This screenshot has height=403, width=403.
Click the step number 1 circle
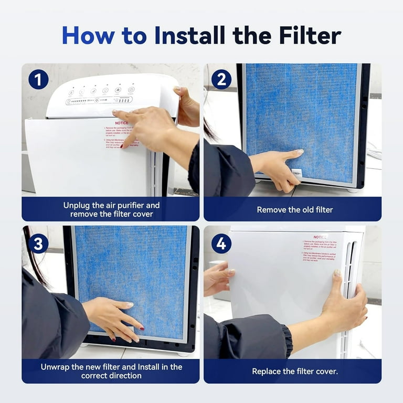coord(38,79)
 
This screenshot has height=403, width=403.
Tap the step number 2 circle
coord(221,79)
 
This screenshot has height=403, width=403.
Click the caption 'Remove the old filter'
coord(294,209)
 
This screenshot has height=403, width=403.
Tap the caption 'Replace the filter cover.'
coord(294,371)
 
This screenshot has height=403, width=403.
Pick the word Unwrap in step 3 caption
coord(57,366)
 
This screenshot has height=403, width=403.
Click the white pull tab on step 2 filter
coord(297,172)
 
